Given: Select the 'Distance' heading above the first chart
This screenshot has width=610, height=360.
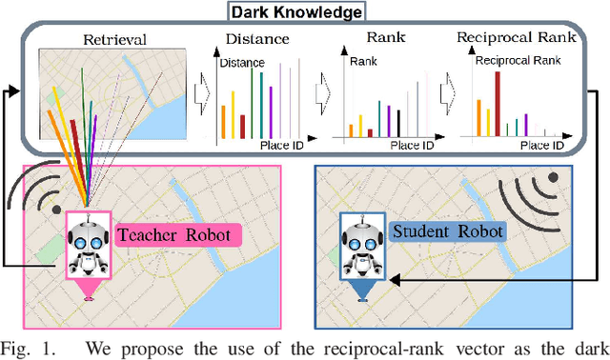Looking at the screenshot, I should (x=257, y=40).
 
